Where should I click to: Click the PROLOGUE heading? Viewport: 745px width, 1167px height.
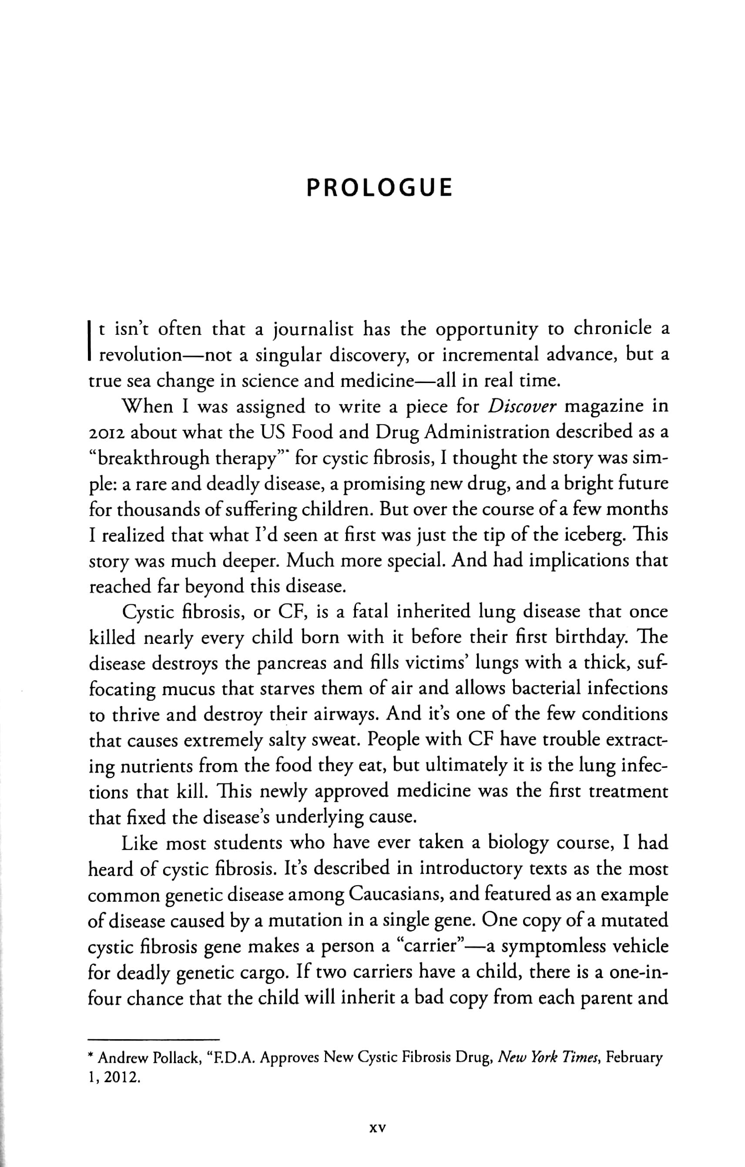pos(379,188)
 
